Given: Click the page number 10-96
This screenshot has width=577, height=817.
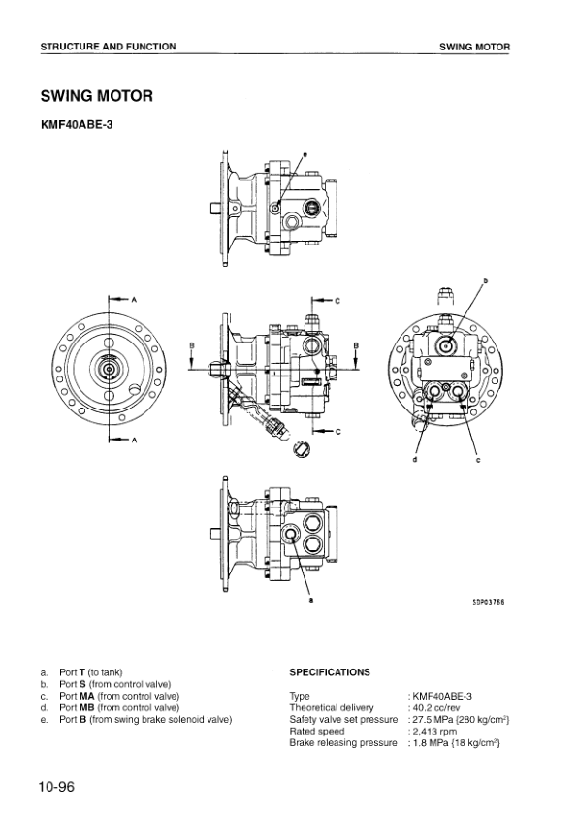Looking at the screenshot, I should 57,787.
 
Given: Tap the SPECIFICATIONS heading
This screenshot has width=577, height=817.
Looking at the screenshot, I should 330,671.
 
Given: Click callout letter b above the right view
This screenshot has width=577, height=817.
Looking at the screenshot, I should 485,281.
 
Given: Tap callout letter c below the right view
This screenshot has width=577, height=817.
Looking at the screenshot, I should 478,460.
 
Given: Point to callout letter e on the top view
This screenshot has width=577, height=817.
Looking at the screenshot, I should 304,155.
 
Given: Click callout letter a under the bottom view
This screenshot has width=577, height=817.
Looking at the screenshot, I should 310,600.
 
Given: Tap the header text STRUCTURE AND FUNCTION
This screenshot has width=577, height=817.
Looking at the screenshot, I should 109,47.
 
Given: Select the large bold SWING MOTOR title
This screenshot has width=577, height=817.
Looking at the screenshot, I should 96,95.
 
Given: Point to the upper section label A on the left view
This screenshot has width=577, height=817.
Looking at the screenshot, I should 134,299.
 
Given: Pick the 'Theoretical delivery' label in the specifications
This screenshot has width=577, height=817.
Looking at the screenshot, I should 332,707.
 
